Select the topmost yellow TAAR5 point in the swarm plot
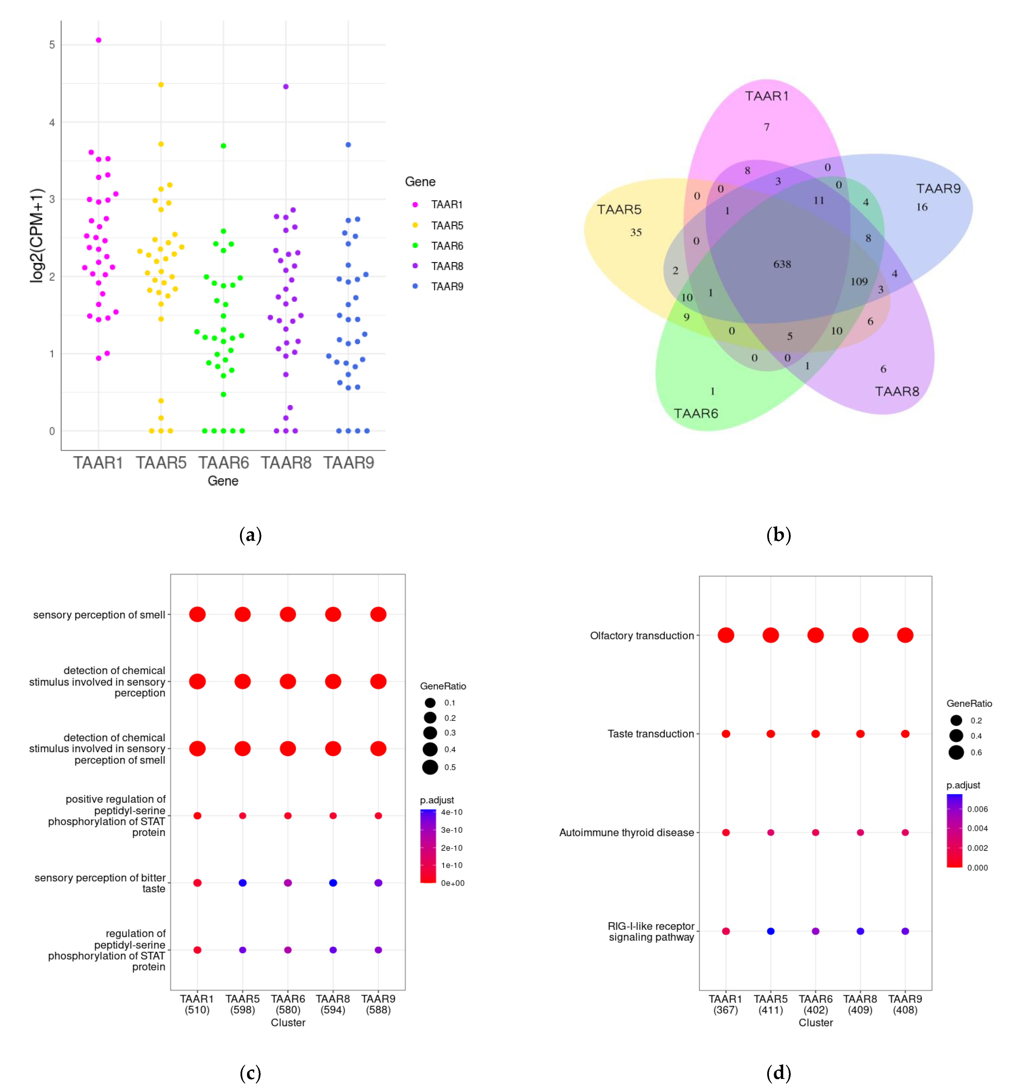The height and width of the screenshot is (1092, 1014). [x=161, y=85]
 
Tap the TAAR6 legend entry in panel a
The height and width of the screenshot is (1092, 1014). [x=447, y=246]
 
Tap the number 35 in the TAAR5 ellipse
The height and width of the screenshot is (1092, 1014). [x=635, y=232]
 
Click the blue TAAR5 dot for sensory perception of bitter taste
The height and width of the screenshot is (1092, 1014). [x=242, y=882]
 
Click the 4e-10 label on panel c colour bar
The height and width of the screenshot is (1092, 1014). [x=452, y=812]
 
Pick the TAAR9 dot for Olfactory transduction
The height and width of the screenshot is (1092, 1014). [x=905, y=635]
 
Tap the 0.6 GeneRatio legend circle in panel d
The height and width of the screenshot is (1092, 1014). [x=956, y=752]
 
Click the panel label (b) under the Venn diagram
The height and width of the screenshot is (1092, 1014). [x=778, y=534]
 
